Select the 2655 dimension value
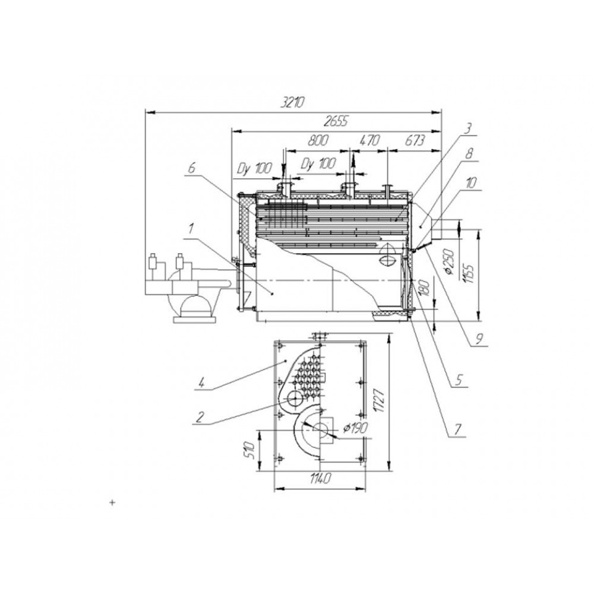(335, 122)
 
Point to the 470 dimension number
(369, 141)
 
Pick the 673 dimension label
(415, 141)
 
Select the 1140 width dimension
(320, 479)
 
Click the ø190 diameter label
(355, 428)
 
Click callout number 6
(192, 169)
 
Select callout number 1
(192, 229)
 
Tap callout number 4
(202, 383)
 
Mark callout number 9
(479, 339)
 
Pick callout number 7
(457, 429)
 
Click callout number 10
(470, 183)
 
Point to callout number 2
(200, 418)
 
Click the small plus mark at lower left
(112, 503)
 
